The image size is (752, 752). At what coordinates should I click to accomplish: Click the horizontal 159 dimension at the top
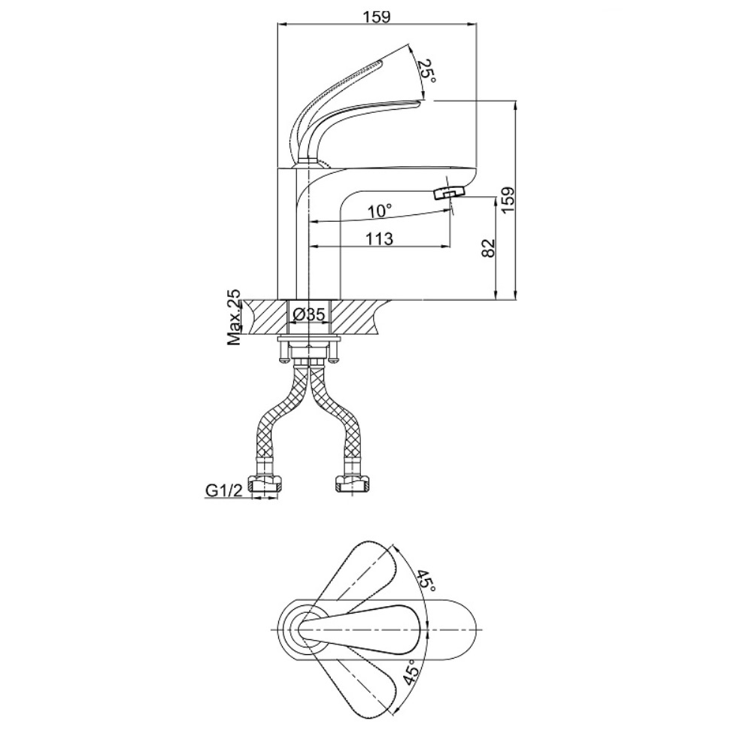[x=377, y=17]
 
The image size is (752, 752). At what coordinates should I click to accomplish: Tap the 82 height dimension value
[x=487, y=248]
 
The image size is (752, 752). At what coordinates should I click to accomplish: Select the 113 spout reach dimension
[x=379, y=238]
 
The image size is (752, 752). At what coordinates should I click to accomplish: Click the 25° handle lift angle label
[x=426, y=72]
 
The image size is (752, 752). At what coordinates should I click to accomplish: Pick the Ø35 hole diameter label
[x=309, y=314]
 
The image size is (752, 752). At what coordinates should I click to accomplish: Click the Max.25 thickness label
[x=234, y=318]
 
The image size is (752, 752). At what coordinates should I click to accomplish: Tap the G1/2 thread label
[x=223, y=490]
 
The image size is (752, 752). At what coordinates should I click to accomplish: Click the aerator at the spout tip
[x=449, y=193]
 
